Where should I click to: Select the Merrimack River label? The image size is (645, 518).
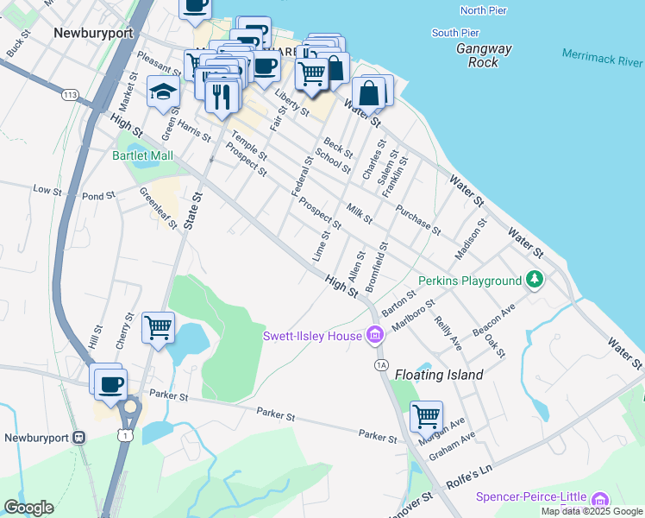602,57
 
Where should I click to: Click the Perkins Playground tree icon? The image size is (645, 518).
535,280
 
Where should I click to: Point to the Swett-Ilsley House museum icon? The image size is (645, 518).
374,335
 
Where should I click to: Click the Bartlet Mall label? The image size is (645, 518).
142,156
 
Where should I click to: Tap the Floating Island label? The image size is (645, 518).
439,375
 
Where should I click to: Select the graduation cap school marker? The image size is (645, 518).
162,92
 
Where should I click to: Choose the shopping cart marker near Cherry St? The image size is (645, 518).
159,327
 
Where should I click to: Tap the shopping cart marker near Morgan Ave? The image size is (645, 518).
426,416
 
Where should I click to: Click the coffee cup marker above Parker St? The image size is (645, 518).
110,384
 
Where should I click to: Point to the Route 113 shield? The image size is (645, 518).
70,94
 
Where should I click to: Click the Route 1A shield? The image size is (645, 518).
381,365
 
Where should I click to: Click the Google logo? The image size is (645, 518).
28,508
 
